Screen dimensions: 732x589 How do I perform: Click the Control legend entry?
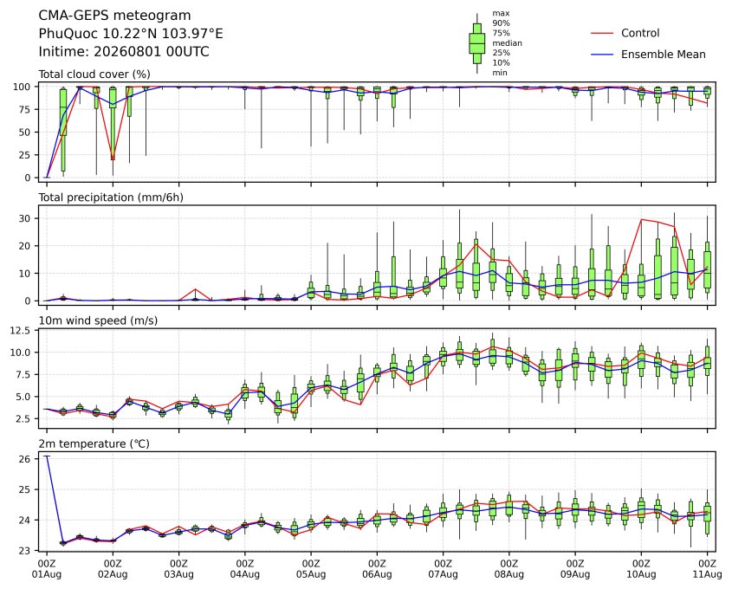tap(640, 33)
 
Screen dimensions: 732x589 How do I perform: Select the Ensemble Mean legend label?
tap(663, 55)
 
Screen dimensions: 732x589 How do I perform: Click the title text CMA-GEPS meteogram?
tap(114, 16)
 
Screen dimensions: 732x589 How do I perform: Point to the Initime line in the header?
tap(124, 51)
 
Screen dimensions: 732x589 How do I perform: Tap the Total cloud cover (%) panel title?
tap(94, 74)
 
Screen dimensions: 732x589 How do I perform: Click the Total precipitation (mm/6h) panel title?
tap(111, 197)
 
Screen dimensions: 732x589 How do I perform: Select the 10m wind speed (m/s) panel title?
tap(98, 320)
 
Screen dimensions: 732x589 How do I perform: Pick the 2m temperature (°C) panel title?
tap(94, 443)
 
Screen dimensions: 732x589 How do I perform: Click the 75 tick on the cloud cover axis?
tap(25, 110)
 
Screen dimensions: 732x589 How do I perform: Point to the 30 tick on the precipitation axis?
tap(25, 218)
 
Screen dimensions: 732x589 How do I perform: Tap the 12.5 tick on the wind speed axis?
tap(20, 330)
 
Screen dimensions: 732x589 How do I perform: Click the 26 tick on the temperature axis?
tap(25, 459)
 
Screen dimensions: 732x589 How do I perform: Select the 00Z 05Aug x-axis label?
tap(310, 568)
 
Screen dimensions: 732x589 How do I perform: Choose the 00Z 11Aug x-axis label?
tap(707, 568)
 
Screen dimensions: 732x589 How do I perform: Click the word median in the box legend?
tap(507, 43)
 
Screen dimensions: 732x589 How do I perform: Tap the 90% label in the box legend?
tap(501, 23)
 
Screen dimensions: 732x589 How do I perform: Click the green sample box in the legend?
tap(476, 43)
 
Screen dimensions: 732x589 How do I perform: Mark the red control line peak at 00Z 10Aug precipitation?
tap(641, 219)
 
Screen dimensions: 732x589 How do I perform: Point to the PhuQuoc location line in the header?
tap(131, 34)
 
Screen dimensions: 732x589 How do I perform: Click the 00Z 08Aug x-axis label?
tap(509, 568)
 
